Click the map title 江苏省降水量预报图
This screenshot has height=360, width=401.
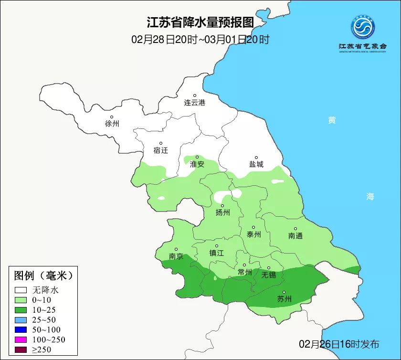click(x=200, y=22)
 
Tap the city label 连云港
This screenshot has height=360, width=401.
click(x=194, y=103)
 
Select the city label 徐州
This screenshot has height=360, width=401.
click(x=112, y=124)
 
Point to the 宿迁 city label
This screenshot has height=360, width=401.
click(x=161, y=150)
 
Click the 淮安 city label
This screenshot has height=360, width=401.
click(x=197, y=164)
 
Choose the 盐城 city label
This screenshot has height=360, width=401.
click(x=256, y=164)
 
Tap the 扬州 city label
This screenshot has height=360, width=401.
click(x=222, y=212)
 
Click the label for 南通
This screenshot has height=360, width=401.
click(x=295, y=236)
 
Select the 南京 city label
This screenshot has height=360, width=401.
click(x=176, y=256)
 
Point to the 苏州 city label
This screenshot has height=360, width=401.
click(x=284, y=299)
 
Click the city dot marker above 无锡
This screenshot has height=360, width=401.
click(x=268, y=268)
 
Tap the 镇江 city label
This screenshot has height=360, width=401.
click(x=217, y=253)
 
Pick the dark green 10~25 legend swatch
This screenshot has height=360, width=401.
click(x=21, y=309)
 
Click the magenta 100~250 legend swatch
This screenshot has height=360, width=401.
click(x=21, y=339)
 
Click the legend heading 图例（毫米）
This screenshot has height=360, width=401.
click(x=43, y=275)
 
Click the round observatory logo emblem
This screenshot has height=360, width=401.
click(x=363, y=27)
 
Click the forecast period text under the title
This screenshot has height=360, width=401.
click(x=200, y=39)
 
